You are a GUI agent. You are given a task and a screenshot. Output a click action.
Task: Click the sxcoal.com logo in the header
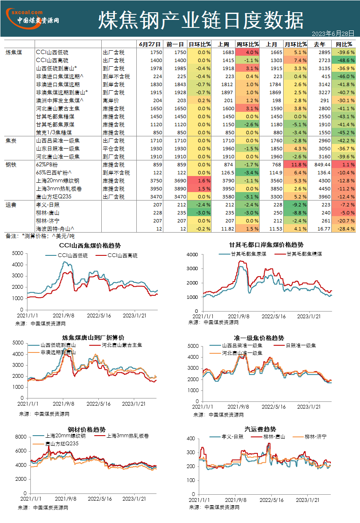tap(32, 19)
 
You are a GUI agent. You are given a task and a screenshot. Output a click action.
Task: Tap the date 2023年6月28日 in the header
tap(333, 34)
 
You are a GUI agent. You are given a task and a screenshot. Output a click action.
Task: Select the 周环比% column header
tap(247, 44)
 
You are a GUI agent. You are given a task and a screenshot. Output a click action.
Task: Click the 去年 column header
tap(319, 44)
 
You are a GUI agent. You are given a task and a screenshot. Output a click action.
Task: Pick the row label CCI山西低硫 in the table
tap(52, 52)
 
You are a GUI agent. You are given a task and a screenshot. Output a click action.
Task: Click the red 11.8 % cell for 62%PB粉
tap(295, 165)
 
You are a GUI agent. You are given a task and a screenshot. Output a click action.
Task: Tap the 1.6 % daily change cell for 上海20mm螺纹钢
tap(199, 181)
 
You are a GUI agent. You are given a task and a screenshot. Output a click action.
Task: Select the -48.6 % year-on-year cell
tap(344, 60)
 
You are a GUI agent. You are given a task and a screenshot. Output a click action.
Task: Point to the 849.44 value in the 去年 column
tap(322, 165)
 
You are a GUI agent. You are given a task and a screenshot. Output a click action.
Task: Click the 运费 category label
tap(11, 205)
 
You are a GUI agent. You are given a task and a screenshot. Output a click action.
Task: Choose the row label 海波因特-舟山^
tap(55, 229)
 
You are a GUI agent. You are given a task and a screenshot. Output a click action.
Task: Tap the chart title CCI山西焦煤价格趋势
tap(90, 245)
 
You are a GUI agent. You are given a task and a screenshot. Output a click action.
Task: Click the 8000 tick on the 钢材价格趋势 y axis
tap(21, 436)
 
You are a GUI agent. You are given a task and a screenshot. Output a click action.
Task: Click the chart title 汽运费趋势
tap(260, 429)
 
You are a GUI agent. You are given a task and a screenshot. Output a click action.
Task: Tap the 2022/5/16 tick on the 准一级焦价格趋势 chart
tap(273, 407)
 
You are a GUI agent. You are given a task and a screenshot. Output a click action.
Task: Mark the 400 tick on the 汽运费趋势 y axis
tap(191, 439)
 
